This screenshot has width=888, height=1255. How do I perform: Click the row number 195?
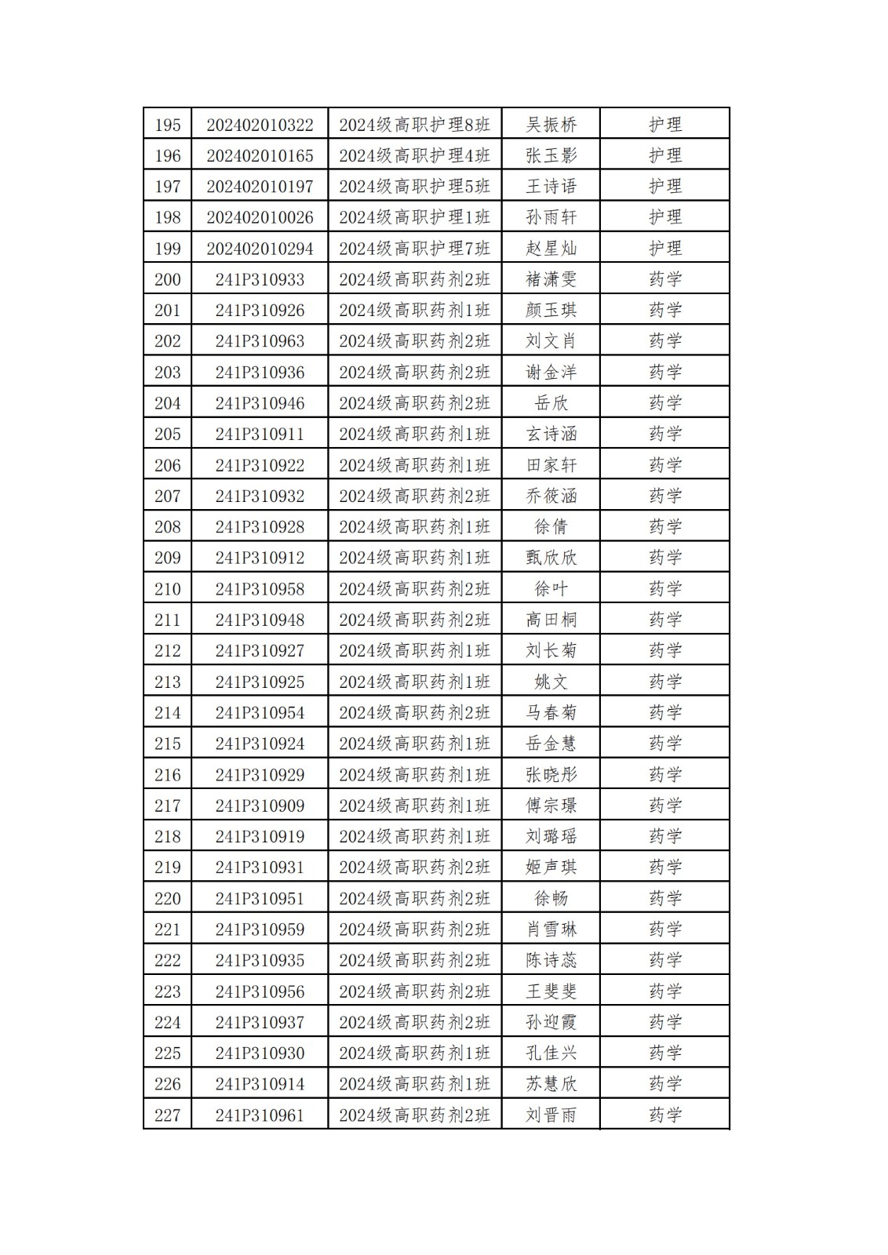click(x=167, y=125)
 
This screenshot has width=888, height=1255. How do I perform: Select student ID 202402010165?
click(x=260, y=155)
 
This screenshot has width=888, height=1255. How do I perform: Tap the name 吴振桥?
click(x=551, y=125)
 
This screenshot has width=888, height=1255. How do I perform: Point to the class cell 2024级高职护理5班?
click(x=414, y=187)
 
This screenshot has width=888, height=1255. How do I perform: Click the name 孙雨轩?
click(x=551, y=217)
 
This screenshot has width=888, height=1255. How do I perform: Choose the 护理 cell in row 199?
click(x=665, y=249)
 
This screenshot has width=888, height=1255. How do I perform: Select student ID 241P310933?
click(x=260, y=279)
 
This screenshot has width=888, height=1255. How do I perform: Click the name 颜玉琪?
click(x=551, y=311)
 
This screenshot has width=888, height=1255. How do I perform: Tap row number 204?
click(x=167, y=403)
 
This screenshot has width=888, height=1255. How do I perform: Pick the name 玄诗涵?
click(x=551, y=434)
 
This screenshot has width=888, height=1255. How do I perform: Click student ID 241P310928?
click(x=260, y=527)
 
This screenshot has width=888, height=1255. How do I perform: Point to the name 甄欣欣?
click(x=551, y=558)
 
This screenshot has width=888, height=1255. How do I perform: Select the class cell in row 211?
click(x=414, y=620)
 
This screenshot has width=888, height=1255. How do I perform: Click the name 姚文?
click(x=551, y=682)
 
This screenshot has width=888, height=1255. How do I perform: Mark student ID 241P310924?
click(x=260, y=744)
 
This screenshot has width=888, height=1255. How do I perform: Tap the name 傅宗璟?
click(x=551, y=806)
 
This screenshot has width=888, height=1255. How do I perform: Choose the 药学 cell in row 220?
click(x=665, y=898)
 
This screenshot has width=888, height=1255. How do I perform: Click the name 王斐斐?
click(x=551, y=991)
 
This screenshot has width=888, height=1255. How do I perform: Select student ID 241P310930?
click(x=260, y=1053)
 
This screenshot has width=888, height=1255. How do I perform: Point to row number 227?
click(x=167, y=1115)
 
